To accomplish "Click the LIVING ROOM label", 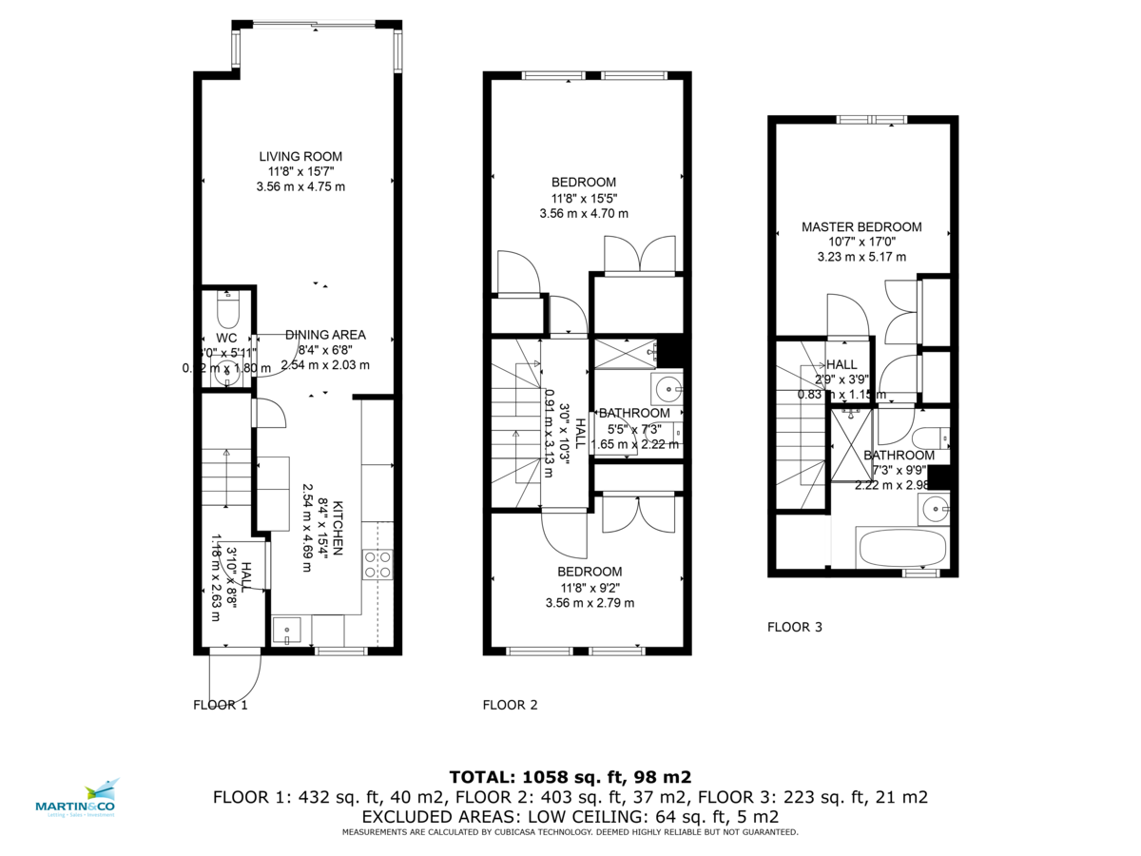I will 300,157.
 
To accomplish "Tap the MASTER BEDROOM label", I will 861,227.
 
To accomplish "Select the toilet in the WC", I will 228,310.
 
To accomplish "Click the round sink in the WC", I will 227,374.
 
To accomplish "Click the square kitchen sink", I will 286,631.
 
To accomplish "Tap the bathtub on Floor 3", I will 900,548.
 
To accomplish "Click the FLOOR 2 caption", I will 510,705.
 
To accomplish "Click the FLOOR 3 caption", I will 795,627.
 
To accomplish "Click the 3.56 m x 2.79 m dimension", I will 589,602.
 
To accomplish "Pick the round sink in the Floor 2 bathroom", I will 667,387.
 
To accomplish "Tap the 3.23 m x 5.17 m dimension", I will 861,257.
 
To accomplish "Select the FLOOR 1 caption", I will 220,705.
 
